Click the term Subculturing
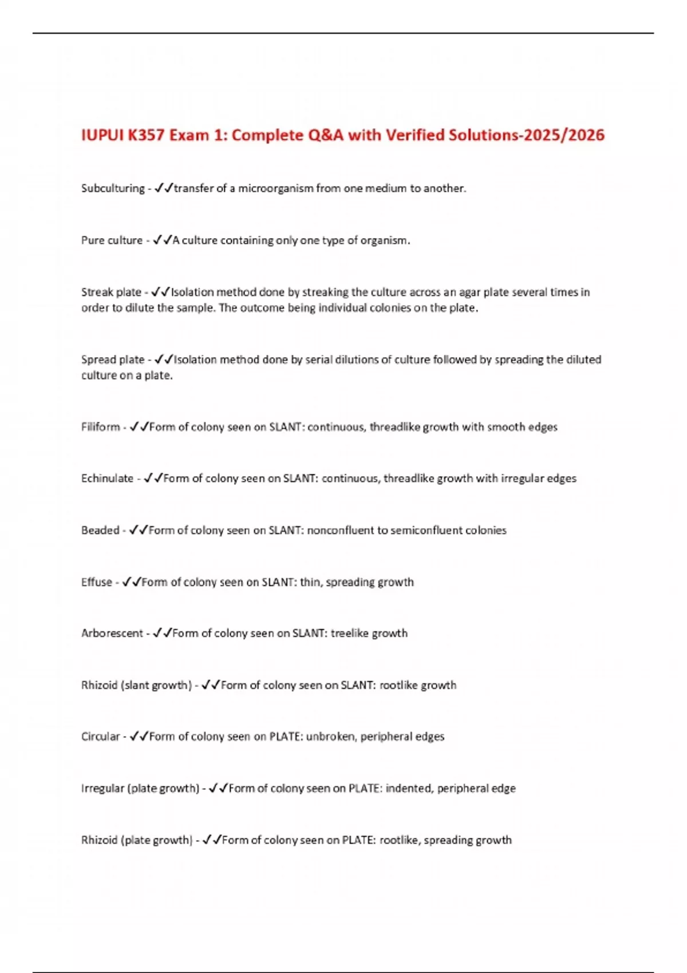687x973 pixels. coord(113,188)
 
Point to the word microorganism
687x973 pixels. coord(276,188)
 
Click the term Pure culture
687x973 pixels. coord(112,240)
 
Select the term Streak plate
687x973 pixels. coord(111,292)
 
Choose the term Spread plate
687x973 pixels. coord(113,359)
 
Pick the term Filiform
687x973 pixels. coord(100,427)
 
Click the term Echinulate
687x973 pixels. coord(107,478)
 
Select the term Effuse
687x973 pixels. coord(96,582)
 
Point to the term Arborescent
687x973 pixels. coord(112,634)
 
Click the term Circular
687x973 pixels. coord(100,737)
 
